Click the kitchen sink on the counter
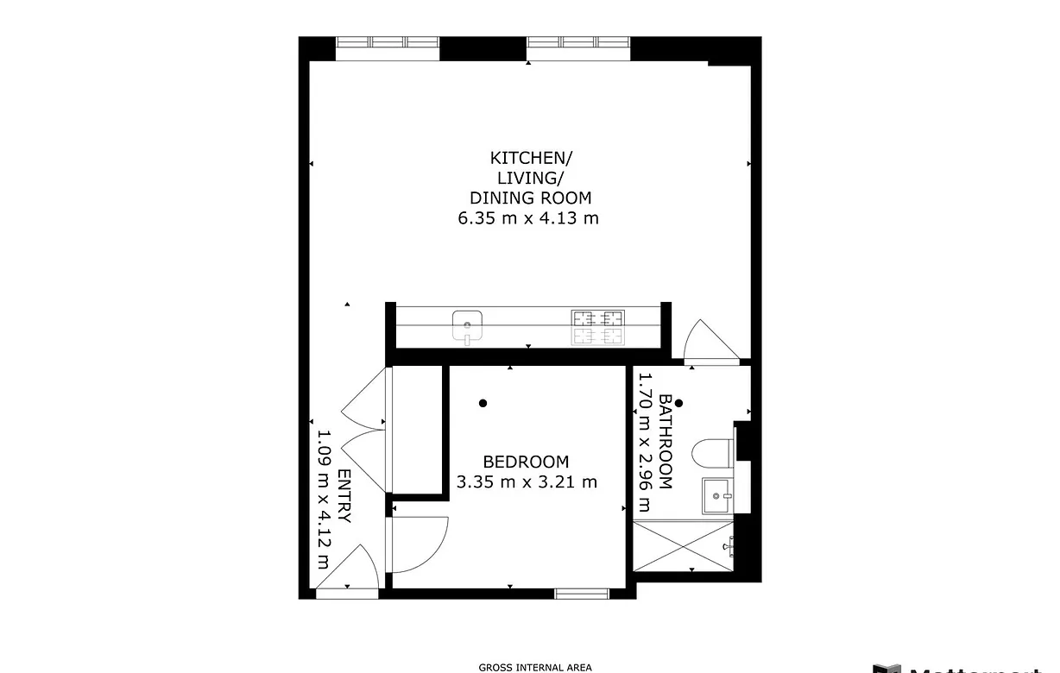point(467,326)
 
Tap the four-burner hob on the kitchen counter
point(596,327)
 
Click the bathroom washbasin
point(717,495)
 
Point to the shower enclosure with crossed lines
point(685,545)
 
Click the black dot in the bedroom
point(483,403)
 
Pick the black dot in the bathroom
point(679,403)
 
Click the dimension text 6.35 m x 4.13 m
point(528,218)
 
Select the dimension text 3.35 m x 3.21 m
point(527,481)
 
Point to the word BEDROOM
point(526,462)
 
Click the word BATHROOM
point(666,442)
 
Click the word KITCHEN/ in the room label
point(530,158)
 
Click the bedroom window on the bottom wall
point(582,593)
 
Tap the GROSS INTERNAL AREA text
point(535,667)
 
